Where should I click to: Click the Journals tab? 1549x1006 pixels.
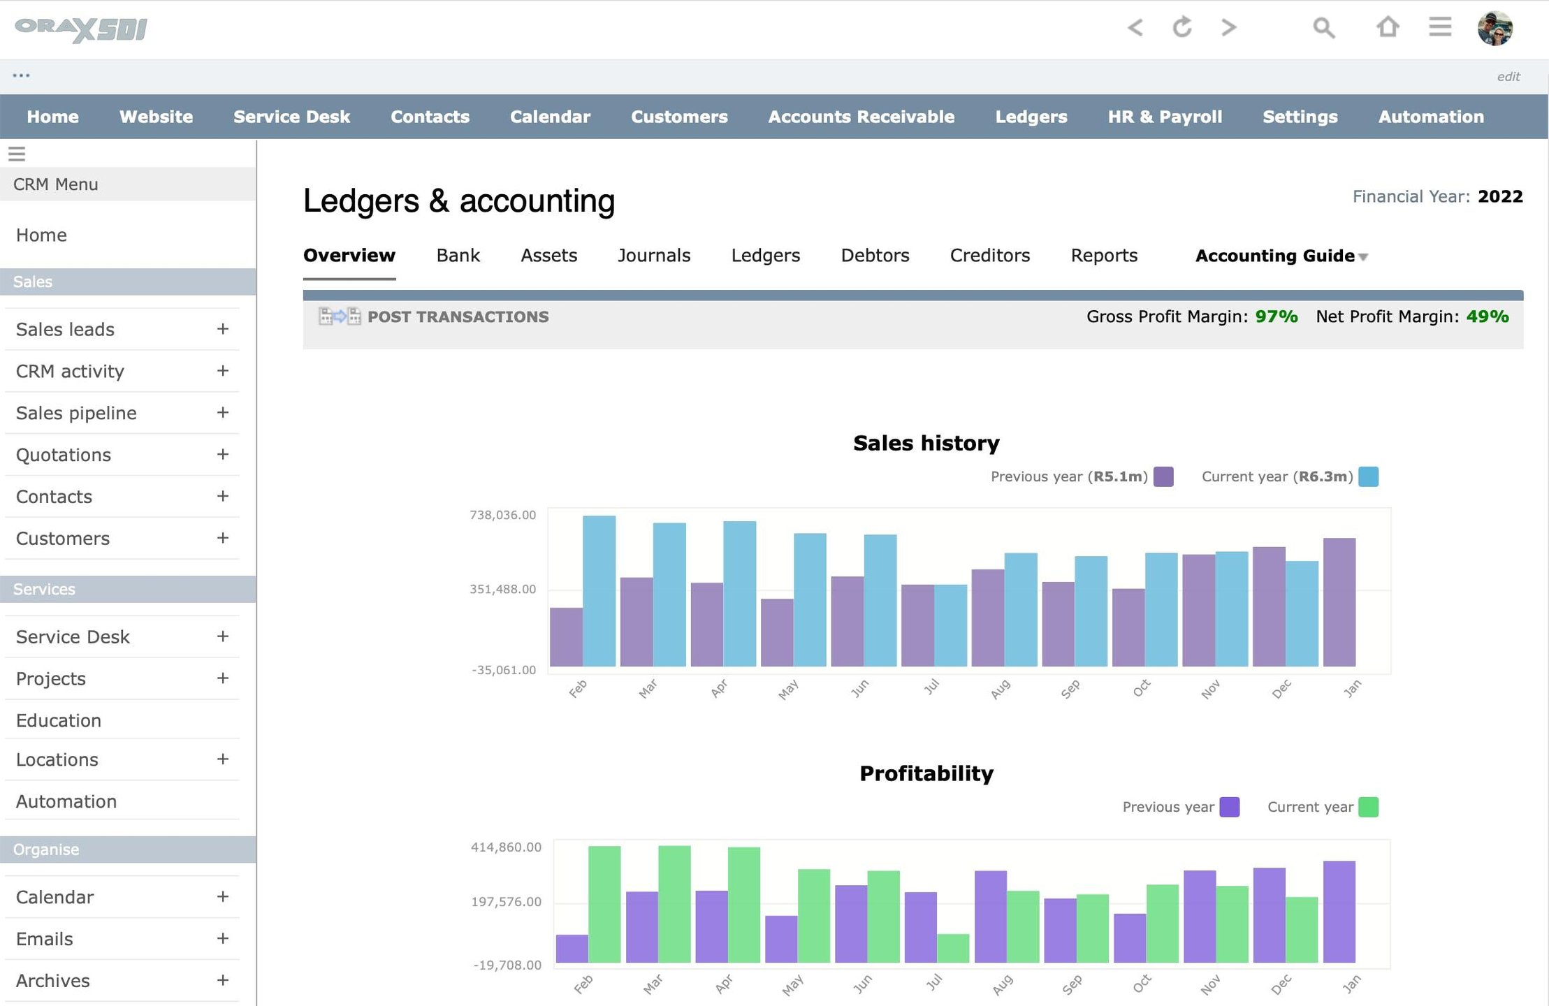(654, 256)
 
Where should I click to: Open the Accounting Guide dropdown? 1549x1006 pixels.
(1281, 256)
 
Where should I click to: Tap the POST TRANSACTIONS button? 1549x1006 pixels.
(434, 316)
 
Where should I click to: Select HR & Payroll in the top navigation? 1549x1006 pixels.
(1165, 117)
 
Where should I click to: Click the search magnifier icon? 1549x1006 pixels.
(1323, 28)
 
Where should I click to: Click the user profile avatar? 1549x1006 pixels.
(1495, 29)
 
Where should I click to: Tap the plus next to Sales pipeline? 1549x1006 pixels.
(223, 412)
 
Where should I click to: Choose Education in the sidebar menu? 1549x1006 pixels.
(59, 720)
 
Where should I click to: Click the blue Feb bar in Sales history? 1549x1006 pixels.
(599, 591)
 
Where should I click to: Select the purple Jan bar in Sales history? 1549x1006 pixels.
(1339, 602)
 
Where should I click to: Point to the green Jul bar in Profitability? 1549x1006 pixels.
(953, 949)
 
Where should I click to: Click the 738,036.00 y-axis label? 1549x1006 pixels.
(503, 515)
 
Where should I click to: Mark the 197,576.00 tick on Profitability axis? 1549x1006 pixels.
(507, 902)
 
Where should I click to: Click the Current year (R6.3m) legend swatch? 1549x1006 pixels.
(1368, 476)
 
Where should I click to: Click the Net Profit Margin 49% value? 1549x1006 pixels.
(1488, 316)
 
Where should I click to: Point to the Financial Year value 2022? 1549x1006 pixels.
(1500, 196)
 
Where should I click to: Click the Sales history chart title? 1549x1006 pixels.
(926, 443)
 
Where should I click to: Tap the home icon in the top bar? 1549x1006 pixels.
(1388, 27)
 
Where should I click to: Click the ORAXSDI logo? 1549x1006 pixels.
(81, 29)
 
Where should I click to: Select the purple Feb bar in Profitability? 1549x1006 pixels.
(572, 949)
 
